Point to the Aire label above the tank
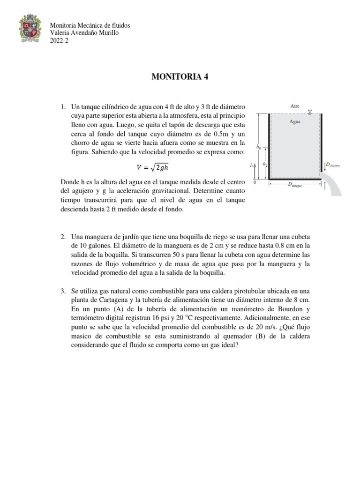[x=295, y=106]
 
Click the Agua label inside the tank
[x=295, y=121]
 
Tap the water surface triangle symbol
[x=310, y=112]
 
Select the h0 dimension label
[x=258, y=147]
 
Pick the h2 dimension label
[x=265, y=164]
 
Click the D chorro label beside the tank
[x=335, y=165]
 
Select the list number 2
[x=63, y=237]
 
